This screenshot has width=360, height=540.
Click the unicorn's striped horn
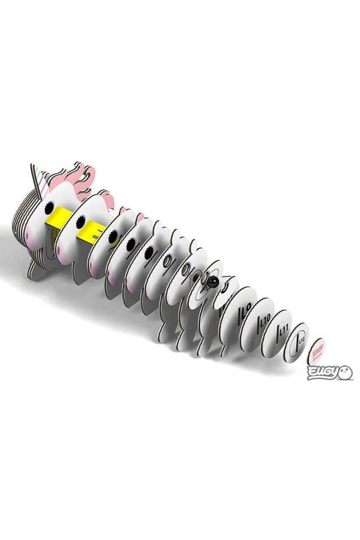click(x=38, y=179)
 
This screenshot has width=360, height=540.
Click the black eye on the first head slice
click(x=49, y=208)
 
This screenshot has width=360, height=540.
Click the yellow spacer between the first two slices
click(x=62, y=218)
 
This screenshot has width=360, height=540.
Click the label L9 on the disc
click(x=245, y=307)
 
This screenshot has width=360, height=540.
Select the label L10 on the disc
click(x=266, y=319)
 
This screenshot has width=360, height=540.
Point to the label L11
click(x=284, y=332)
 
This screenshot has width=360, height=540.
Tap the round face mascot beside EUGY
click(x=345, y=372)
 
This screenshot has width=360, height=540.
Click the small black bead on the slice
click(x=212, y=283)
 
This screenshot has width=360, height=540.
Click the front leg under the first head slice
click(x=36, y=271)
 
